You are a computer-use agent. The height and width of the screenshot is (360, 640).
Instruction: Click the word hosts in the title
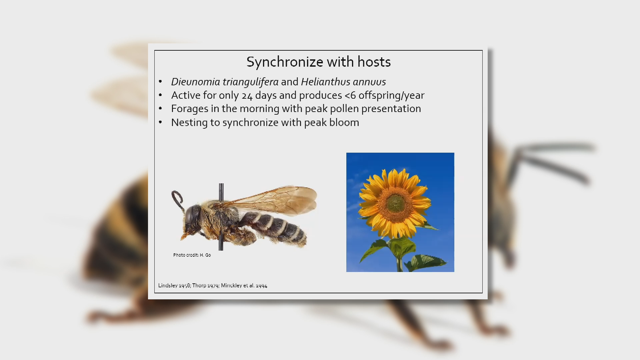374,62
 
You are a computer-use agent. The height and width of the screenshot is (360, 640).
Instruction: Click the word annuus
370,82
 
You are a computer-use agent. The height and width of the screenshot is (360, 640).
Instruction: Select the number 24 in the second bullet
247,96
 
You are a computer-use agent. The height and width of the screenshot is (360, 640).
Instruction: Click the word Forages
189,109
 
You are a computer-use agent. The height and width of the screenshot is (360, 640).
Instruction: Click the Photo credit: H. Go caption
192,255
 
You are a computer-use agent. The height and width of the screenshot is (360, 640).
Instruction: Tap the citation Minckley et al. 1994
244,286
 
